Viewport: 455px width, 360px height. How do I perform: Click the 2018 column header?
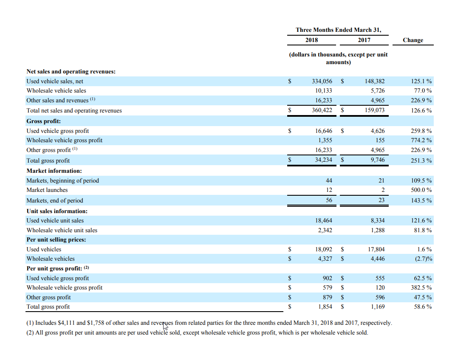click(311, 40)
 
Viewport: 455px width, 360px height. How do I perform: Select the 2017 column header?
click(364, 40)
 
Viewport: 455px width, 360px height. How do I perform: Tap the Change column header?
click(413, 40)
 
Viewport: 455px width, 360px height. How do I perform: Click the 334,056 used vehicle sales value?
click(322, 81)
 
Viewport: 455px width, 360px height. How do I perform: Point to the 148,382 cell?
click(375, 81)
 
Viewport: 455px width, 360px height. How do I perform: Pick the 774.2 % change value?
click(421, 140)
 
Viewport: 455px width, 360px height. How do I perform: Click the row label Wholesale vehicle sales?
click(57, 91)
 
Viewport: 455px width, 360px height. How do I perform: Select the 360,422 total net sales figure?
click(322, 110)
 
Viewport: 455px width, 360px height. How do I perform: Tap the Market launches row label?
click(47, 190)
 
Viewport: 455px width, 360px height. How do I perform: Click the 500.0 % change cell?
click(421, 190)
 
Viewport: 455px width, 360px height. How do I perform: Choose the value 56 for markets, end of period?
click(329, 200)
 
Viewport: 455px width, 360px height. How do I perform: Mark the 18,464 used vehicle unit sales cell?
click(324, 221)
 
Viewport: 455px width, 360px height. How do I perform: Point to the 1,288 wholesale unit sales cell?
click(378, 230)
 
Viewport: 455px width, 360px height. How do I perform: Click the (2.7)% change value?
click(424, 259)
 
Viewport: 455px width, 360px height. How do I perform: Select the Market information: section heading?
click(54, 171)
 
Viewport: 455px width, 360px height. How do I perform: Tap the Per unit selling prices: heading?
click(57, 240)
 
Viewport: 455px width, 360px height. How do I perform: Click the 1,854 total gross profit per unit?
click(325, 307)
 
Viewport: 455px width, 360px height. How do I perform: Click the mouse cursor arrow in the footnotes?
click(165, 326)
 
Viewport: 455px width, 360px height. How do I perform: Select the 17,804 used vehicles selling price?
click(376, 249)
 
